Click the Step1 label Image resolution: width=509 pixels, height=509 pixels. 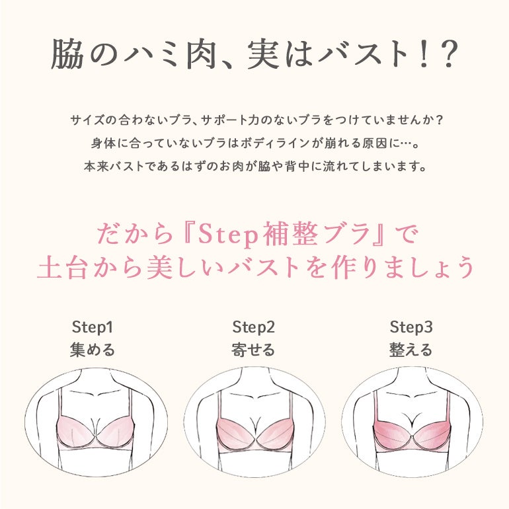[93, 327]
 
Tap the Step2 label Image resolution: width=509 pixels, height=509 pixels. [254, 327]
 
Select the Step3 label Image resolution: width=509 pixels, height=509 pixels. [411, 327]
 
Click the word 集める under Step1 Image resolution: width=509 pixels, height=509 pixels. [93, 350]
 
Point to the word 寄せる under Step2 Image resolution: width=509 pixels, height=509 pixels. [253, 350]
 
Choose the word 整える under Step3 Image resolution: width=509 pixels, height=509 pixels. [411, 350]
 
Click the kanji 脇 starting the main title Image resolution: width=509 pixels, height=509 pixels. [67, 54]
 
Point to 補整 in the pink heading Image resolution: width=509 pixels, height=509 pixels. [290, 235]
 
